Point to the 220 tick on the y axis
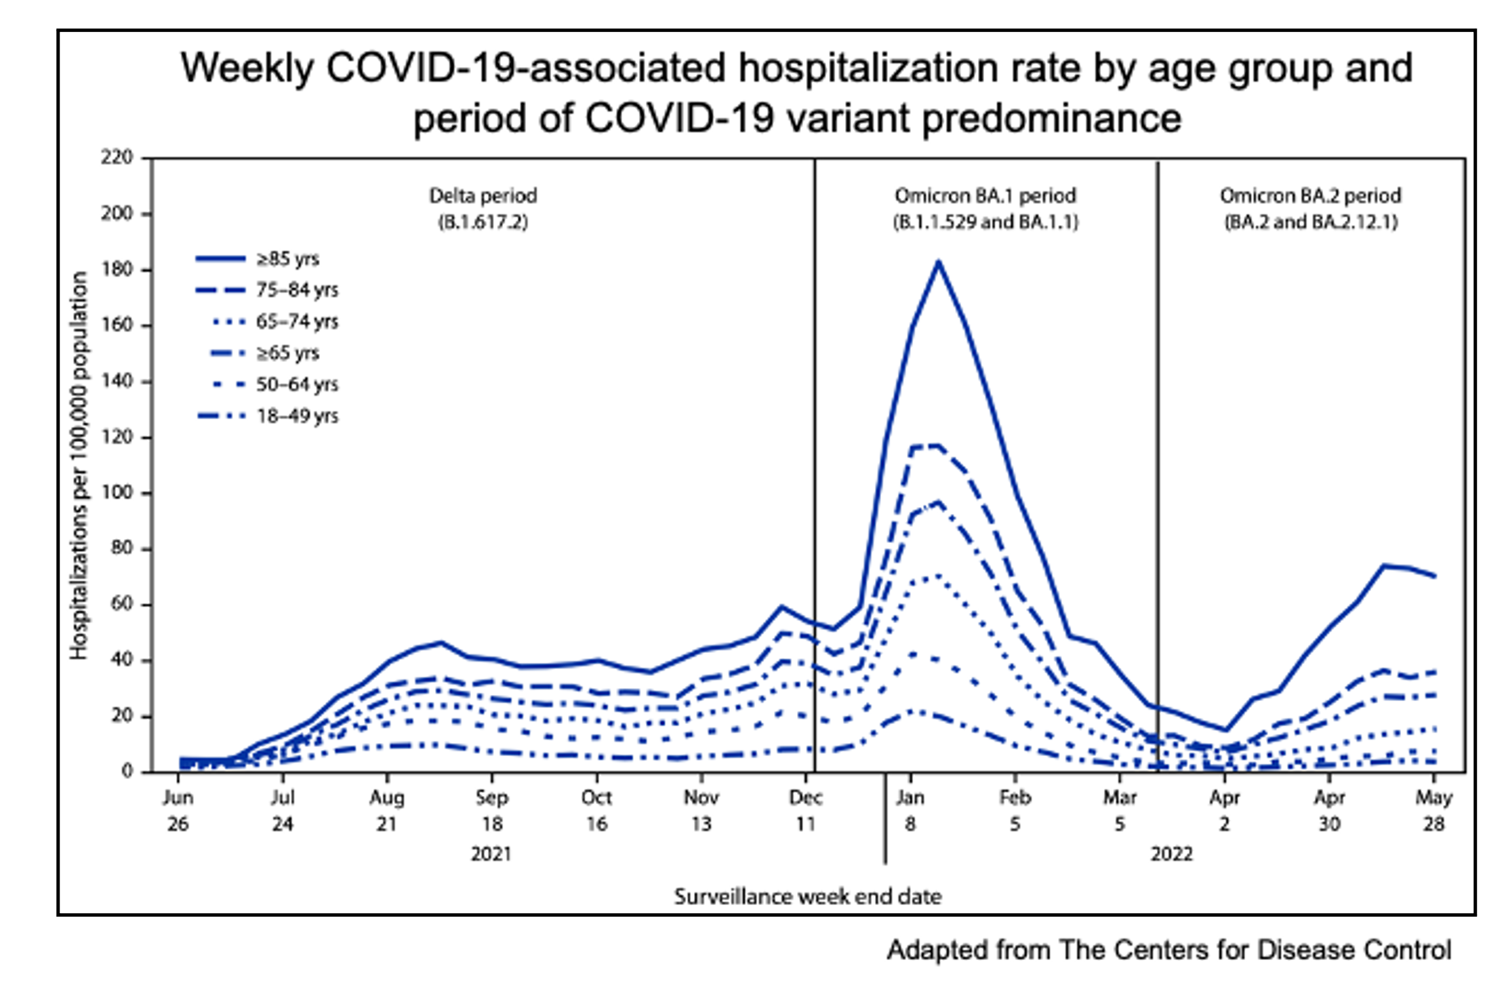pyautogui.click(x=117, y=157)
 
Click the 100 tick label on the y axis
pyautogui.click(x=117, y=492)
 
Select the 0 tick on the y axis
pyautogui.click(x=127, y=772)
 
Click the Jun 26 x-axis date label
pyautogui.click(x=178, y=810)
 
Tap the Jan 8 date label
pyautogui.click(x=910, y=810)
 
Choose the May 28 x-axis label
pyautogui.click(x=1433, y=810)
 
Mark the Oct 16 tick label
pyautogui.click(x=596, y=810)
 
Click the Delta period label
pyautogui.click(x=483, y=209)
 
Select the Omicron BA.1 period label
pyautogui.click(x=985, y=209)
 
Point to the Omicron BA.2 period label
pyautogui.click(x=1311, y=209)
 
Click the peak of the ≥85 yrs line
pyautogui.click(x=939, y=261)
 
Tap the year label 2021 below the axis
pyautogui.click(x=491, y=854)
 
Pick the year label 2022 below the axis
pyautogui.click(x=1171, y=854)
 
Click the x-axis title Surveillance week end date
pyautogui.click(x=808, y=896)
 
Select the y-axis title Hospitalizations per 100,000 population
pyautogui.click(x=79, y=465)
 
